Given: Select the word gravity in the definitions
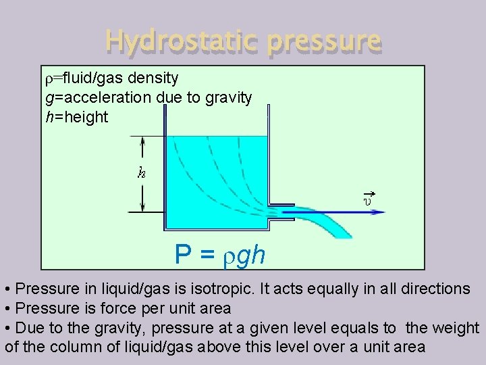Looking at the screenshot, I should pyautogui.click(x=227, y=98).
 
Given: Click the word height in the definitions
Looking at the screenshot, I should pyautogui.click(x=86, y=117).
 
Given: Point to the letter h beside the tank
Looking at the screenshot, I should pyautogui.click(x=141, y=173).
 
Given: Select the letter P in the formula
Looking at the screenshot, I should pyautogui.click(x=182, y=255).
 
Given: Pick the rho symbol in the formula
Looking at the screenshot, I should pyautogui.click(x=229, y=257).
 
